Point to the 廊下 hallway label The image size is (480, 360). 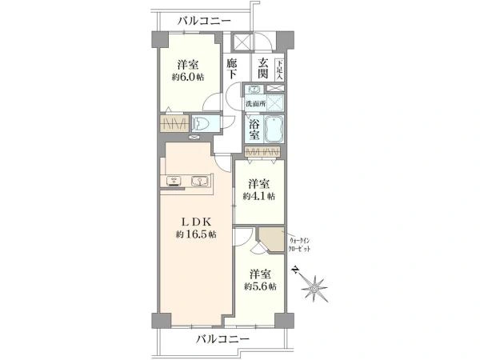[x=232, y=69]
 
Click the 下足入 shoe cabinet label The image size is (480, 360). [x=279, y=69]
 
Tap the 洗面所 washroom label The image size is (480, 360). [x=254, y=104]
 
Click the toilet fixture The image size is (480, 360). [x=202, y=124]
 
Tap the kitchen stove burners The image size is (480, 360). [x=173, y=182]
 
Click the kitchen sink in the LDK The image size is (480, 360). [x=199, y=182]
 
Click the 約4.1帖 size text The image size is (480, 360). [x=260, y=195]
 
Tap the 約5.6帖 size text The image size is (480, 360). [x=261, y=286]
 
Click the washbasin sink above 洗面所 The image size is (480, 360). [x=254, y=90]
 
